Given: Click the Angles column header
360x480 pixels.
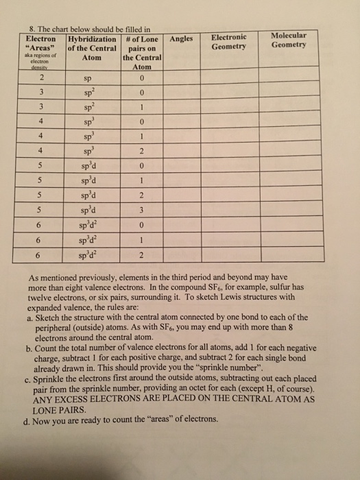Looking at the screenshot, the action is coord(180,39).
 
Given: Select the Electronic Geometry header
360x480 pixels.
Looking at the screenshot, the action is coord(228,41).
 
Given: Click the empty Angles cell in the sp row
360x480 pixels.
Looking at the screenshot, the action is coord(180,78).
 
